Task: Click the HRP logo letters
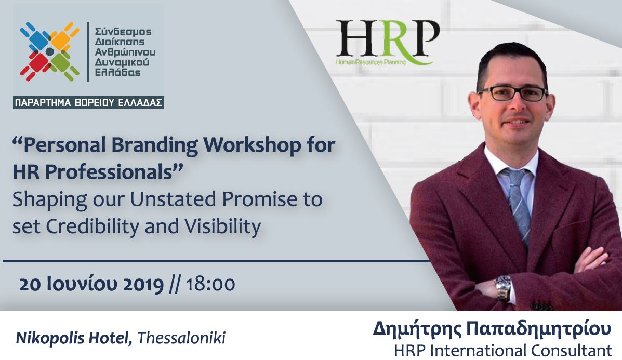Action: coord(388,39)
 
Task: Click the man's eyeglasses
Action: coord(513,94)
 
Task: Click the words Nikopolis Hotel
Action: coord(73,338)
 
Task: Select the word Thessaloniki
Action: coord(181,338)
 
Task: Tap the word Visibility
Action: coord(222,226)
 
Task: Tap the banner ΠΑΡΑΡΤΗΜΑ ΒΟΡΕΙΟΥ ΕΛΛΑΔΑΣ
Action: coord(88,103)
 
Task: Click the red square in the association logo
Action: coord(38,62)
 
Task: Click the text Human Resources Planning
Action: coord(371,62)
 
